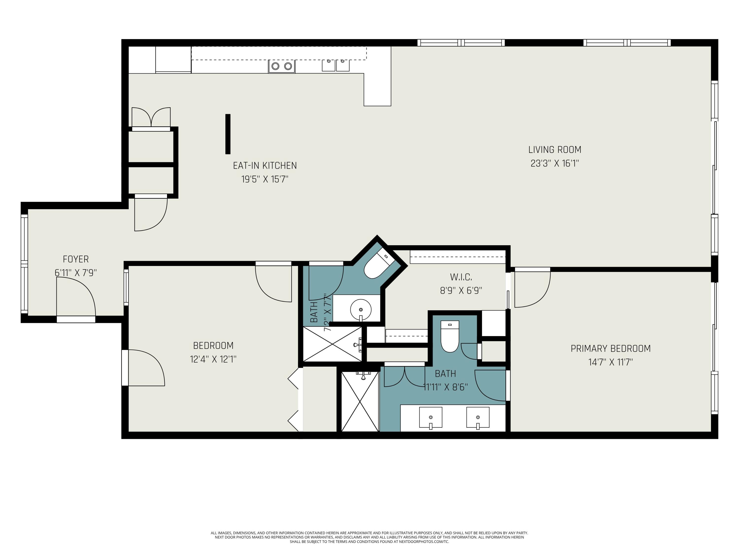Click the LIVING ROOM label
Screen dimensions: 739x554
click(x=554, y=150)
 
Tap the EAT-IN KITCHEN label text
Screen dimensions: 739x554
click(x=265, y=166)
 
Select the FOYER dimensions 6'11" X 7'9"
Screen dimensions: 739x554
click(x=76, y=273)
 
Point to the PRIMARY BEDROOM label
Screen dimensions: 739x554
click(x=611, y=349)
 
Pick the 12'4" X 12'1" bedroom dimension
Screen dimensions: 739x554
click(x=213, y=359)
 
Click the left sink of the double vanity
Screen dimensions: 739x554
click(x=431, y=417)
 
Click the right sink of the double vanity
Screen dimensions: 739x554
click(x=478, y=417)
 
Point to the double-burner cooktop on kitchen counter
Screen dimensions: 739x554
click(x=282, y=66)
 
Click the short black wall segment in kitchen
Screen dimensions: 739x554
click(x=228, y=134)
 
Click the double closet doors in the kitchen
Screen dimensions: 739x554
click(x=151, y=117)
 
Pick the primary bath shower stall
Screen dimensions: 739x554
click(x=360, y=401)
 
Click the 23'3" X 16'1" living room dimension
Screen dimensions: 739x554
click(x=554, y=163)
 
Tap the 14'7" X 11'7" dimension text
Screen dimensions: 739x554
click(x=611, y=362)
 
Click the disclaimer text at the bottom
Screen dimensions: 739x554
click(x=369, y=537)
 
